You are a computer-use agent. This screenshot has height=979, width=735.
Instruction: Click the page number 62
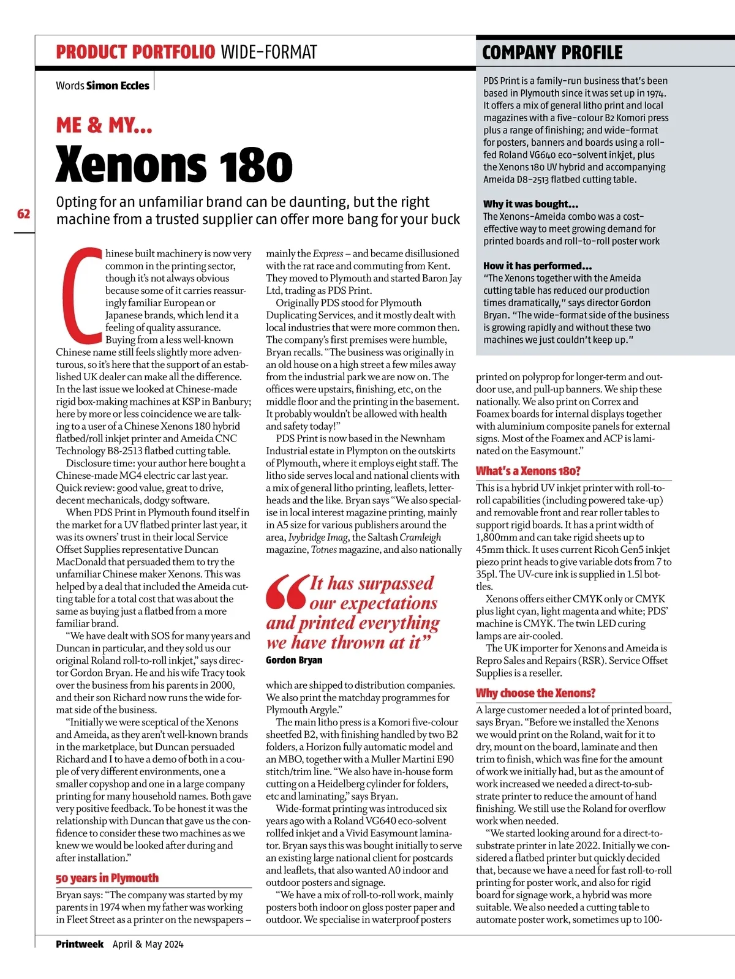(24, 214)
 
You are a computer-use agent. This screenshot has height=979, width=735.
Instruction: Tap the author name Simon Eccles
(118, 86)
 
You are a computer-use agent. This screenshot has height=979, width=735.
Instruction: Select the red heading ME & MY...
(104, 126)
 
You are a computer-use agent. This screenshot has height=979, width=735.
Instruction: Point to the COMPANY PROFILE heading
(552, 53)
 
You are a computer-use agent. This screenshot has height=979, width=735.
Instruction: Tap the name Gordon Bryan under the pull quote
(294, 660)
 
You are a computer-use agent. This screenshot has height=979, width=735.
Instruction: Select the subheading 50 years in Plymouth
(107, 878)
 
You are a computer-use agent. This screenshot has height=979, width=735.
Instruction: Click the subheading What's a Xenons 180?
(528, 471)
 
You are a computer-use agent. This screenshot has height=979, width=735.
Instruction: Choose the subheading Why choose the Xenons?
(535, 693)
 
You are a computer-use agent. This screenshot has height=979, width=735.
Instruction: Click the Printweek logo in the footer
(80, 944)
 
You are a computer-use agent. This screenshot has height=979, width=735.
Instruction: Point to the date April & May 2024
(148, 944)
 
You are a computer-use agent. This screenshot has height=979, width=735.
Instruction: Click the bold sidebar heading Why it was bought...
(530, 204)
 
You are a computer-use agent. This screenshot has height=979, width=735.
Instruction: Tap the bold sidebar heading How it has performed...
(537, 266)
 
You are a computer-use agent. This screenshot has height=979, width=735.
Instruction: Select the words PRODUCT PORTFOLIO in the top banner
(135, 52)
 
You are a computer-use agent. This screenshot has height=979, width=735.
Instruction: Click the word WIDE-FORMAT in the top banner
(269, 52)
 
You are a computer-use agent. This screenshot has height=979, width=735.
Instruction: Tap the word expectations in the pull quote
(373, 604)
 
